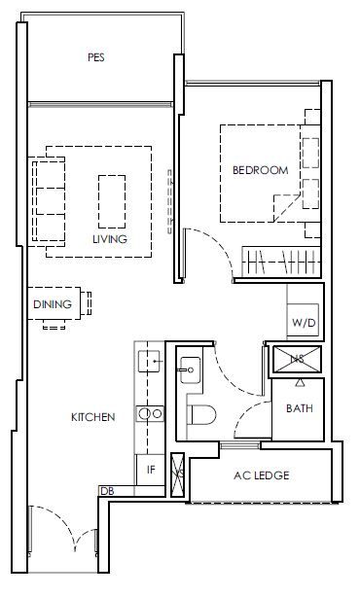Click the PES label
(x=96, y=57)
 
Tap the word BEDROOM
(x=261, y=170)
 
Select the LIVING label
(x=110, y=239)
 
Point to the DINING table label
(x=53, y=304)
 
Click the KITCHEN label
(x=93, y=417)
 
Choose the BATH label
(x=300, y=408)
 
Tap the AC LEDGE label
(x=262, y=475)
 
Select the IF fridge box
(x=151, y=470)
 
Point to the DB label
(x=107, y=491)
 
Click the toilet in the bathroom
(x=201, y=414)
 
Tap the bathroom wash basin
(x=190, y=369)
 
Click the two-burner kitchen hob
(x=150, y=413)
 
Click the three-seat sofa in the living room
(x=49, y=201)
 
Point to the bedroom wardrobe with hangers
(x=281, y=262)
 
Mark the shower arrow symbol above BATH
(x=301, y=383)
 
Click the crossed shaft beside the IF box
(x=177, y=474)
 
